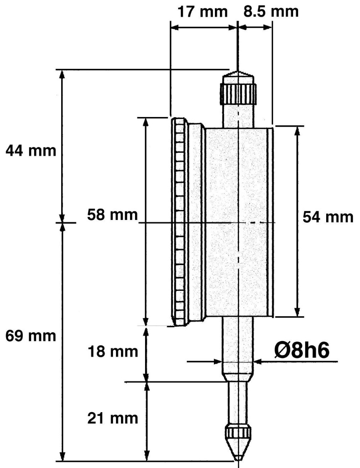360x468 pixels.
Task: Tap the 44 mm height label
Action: click(31, 150)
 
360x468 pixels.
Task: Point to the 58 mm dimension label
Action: click(112, 215)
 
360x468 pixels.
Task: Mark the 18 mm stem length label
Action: click(113, 351)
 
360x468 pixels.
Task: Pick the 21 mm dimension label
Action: click(113, 418)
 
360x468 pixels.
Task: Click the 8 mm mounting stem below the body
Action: click(238, 346)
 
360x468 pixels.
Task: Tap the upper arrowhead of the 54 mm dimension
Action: click(297, 130)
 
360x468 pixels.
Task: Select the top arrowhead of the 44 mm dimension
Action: click(62, 74)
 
